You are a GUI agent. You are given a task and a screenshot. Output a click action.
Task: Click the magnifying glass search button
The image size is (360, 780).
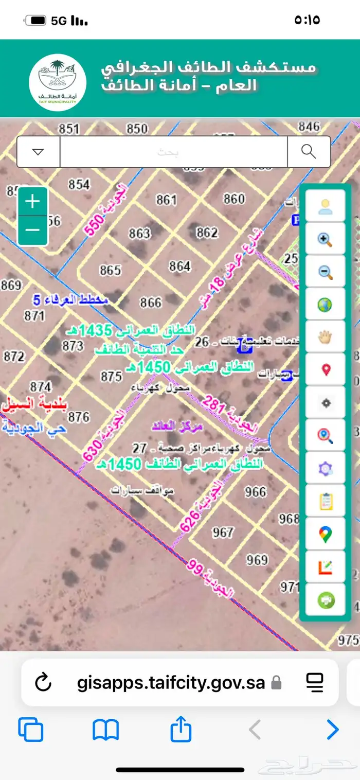309,152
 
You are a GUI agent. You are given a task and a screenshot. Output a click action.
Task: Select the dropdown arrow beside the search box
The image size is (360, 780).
39,152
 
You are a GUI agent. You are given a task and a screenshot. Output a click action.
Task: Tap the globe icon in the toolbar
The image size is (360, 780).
325,305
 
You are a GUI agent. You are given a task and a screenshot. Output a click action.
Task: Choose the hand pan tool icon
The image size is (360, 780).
325,338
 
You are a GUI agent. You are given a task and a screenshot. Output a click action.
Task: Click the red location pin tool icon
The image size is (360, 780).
325,370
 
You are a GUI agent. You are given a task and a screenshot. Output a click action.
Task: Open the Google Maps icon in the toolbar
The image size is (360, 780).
325,535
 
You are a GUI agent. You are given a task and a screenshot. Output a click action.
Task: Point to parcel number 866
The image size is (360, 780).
151,302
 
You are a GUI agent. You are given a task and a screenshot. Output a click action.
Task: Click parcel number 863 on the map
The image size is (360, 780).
139,234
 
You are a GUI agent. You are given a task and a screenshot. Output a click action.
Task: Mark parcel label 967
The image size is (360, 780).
223,532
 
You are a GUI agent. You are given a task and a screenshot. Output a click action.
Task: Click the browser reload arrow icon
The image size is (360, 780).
44,683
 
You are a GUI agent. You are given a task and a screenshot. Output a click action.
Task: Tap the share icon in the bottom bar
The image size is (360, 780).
181,730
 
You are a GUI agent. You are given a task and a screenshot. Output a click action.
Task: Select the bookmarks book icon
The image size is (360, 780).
106,730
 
